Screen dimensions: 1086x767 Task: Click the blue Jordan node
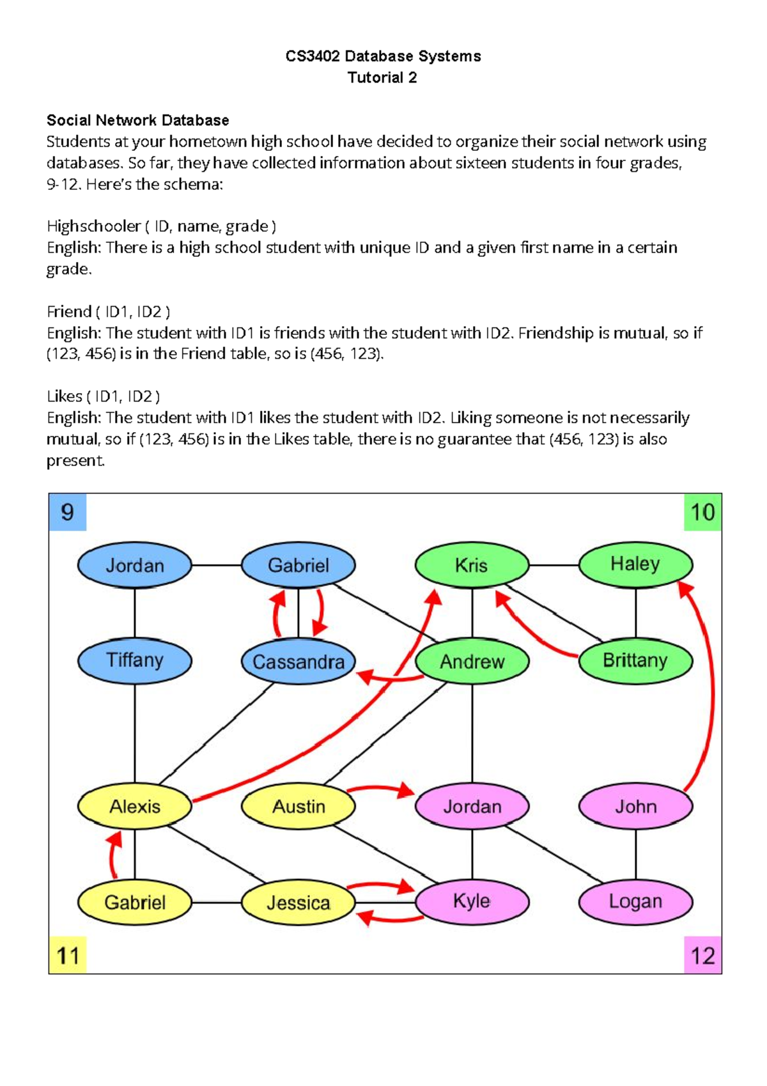134,566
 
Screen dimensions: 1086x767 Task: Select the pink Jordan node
472,806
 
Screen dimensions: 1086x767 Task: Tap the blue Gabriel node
298,566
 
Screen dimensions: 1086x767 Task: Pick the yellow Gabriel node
134,903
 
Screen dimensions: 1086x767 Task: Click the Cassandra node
298,662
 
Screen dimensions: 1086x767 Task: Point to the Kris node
472,566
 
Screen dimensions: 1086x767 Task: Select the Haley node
635,564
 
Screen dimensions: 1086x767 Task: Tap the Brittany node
635,660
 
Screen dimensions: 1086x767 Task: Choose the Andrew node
472,662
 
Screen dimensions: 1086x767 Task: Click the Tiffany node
134,660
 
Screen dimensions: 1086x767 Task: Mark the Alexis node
134,806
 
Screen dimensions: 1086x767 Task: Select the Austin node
298,806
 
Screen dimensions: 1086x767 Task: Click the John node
635,806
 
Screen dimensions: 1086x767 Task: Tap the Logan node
635,902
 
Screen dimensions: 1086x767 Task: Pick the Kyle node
472,902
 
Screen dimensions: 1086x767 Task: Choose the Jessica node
298,903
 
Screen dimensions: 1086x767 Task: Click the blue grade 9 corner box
67,512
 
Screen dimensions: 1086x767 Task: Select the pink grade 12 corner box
702,956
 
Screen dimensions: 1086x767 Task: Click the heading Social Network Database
137,120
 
